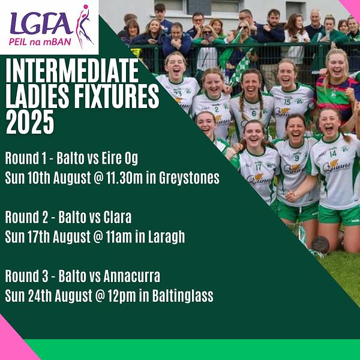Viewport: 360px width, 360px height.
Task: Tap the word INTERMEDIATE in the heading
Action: tap(72, 70)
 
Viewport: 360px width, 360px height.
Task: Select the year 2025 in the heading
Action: tap(30, 122)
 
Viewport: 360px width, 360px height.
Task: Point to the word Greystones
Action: tap(189, 178)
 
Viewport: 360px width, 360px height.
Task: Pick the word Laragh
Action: tap(166, 237)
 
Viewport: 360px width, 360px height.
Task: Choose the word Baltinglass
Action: tap(183, 296)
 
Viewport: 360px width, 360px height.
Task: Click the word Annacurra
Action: tap(132, 276)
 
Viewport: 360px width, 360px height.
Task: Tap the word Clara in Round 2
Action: tap(118, 217)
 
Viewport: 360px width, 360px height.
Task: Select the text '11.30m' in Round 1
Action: tap(124, 178)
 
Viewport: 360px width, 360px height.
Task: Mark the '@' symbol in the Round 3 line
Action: tap(100, 296)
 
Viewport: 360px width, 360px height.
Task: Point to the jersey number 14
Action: tap(333, 153)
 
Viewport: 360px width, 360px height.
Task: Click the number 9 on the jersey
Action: tap(297, 158)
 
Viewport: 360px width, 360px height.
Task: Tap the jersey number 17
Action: tap(259, 167)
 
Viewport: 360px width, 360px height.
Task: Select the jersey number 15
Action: tap(287, 101)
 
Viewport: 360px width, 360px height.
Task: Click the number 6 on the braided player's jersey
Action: tap(254, 113)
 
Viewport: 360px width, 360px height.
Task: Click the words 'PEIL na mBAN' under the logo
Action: tap(40, 42)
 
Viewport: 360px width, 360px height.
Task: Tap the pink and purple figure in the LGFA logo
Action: tap(84, 26)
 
